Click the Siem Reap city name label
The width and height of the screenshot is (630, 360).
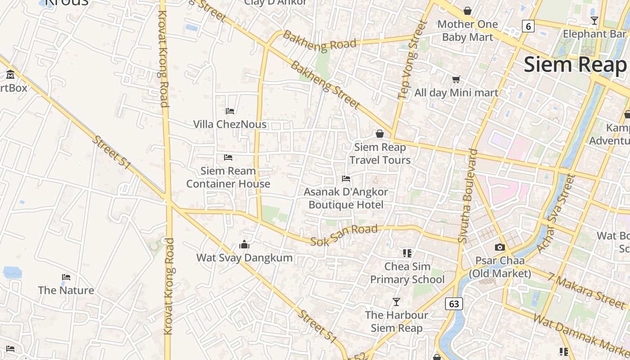point(575,65)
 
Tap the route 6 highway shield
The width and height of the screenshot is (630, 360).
point(528,26)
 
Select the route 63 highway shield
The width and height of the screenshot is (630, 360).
point(454,304)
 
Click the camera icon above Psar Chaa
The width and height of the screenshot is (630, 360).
point(499,247)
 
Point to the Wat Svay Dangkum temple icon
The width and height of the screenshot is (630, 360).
point(244,244)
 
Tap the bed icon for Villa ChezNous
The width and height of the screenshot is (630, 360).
point(230,111)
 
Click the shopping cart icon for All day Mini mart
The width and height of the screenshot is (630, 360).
point(456,80)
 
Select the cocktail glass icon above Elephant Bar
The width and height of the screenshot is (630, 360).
point(594,21)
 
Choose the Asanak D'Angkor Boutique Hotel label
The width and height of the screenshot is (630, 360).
point(346,198)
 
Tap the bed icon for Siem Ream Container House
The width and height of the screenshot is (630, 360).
point(228,157)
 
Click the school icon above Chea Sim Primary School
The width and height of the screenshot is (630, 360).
point(407,253)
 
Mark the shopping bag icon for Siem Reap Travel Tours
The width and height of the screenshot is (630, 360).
point(380,134)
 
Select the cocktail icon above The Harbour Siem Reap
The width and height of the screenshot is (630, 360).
point(396,301)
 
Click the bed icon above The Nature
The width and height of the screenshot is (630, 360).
point(66,277)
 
